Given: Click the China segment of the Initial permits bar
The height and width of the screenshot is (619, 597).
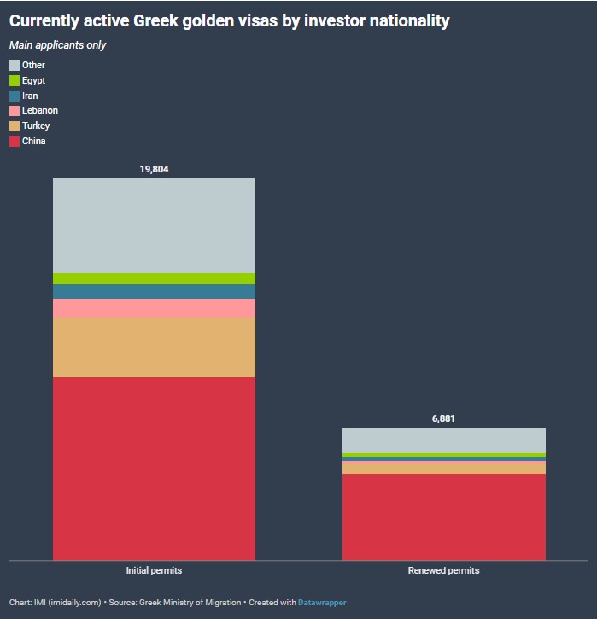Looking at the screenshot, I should click(154, 468).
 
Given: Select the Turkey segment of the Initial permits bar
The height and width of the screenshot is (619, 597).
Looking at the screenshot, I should click(154, 347).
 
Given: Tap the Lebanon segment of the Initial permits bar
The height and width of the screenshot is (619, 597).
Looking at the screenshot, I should click(154, 308).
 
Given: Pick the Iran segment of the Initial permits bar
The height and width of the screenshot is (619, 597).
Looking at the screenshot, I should click(154, 291).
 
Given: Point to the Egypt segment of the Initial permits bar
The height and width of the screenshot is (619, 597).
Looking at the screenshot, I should click(154, 278).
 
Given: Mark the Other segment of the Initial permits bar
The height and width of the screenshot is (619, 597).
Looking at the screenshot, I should click(154, 225).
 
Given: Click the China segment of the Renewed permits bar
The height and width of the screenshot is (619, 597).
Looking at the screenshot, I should click(443, 517).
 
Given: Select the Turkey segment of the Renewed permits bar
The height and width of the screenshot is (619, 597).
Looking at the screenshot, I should click(443, 467).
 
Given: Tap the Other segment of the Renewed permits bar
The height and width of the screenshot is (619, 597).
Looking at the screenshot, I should click(443, 440).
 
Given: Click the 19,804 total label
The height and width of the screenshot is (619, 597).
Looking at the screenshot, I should click(154, 169).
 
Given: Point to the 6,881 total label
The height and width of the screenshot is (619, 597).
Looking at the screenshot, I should click(443, 418).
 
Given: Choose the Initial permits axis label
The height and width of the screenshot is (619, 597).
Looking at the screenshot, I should click(154, 570).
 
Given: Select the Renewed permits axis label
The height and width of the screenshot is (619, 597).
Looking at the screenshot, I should click(443, 570).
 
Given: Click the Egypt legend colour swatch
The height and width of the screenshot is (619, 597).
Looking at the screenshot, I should click(15, 80).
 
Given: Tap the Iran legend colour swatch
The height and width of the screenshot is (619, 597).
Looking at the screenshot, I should click(15, 96).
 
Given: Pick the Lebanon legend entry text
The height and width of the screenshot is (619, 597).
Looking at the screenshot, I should click(40, 111).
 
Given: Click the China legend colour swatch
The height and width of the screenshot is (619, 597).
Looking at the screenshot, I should click(15, 141).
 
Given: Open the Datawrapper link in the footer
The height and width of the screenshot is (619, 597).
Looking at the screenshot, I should click(322, 603).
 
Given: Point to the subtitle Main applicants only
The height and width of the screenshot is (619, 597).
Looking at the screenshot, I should click(57, 44).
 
